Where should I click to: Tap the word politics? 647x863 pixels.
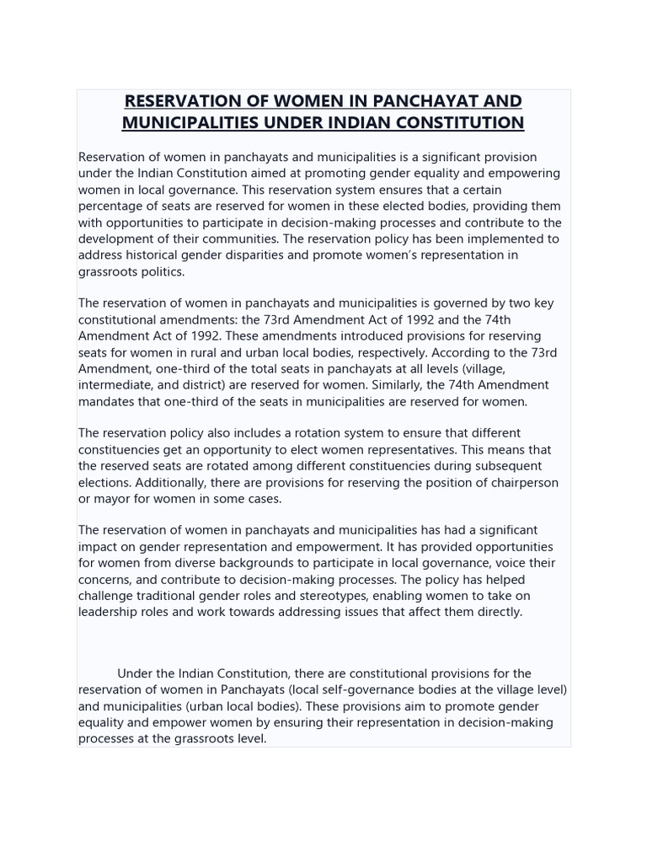pyautogui.click(x=163, y=271)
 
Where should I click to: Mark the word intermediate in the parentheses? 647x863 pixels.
pyautogui.click(x=117, y=385)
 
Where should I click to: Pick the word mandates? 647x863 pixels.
pyautogui.click(x=107, y=401)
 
